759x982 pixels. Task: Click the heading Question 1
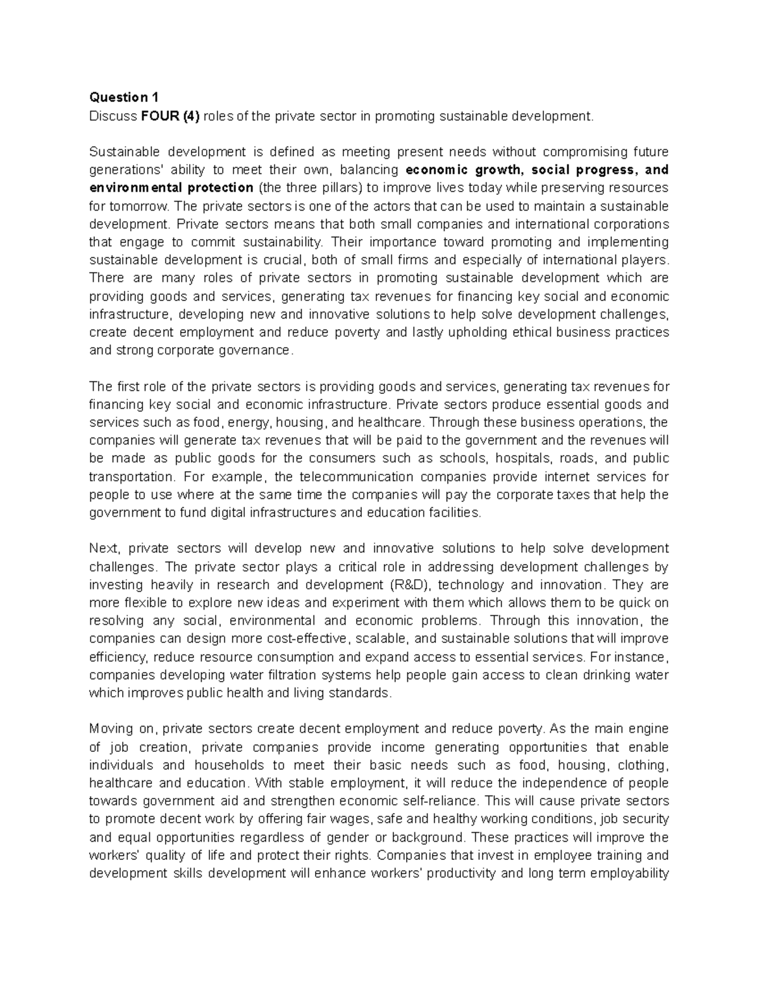[x=124, y=97]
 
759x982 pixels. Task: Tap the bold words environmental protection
[x=171, y=188]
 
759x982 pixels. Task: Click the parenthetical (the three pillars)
[x=309, y=188]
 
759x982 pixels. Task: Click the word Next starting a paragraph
[x=104, y=548]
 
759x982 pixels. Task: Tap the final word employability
[x=626, y=874]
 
